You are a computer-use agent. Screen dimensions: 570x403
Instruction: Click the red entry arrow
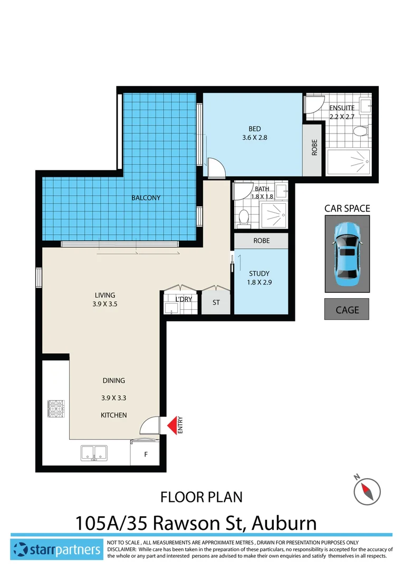coord(171,426)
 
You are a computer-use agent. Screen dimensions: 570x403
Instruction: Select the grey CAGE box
coord(347,310)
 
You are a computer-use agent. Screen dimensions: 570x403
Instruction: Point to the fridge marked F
coord(146,453)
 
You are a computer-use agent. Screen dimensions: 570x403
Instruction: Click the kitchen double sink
coord(94,453)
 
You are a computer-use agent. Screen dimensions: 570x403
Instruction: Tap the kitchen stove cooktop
coord(55,408)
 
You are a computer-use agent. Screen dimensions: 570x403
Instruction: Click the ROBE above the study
coord(261,241)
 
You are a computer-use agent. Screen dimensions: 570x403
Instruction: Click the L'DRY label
coord(183,300)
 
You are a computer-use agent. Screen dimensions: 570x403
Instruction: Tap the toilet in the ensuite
coord(361,131)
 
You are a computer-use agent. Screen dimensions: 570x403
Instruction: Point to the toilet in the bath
coord(244,216)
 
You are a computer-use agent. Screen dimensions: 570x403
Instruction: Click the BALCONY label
coord(146,198)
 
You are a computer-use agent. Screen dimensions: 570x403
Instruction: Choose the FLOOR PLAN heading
coord(201,497)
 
